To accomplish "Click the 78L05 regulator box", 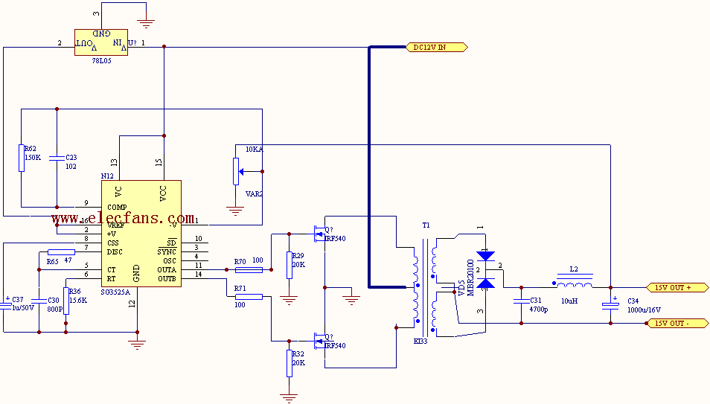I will tap(104, 42).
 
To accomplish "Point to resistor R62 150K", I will tap(22, 158).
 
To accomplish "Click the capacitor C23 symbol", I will tap(57, 158).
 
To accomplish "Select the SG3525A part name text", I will tap(115, 292).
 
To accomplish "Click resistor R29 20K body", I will tap(290, 265).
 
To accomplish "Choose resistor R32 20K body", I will tap(290, 363).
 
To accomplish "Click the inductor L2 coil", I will tap(573, 283).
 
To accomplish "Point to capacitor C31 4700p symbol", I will tap(521, 301).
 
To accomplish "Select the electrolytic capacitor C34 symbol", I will tap(610, 303).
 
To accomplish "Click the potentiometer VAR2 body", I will tap(236, 171).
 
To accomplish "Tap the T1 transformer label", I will tap(426, 225).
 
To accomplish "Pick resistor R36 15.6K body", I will tap(66, 301).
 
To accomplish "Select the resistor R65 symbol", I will tap(60, 252).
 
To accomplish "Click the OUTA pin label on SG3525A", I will tap(167, 270).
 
